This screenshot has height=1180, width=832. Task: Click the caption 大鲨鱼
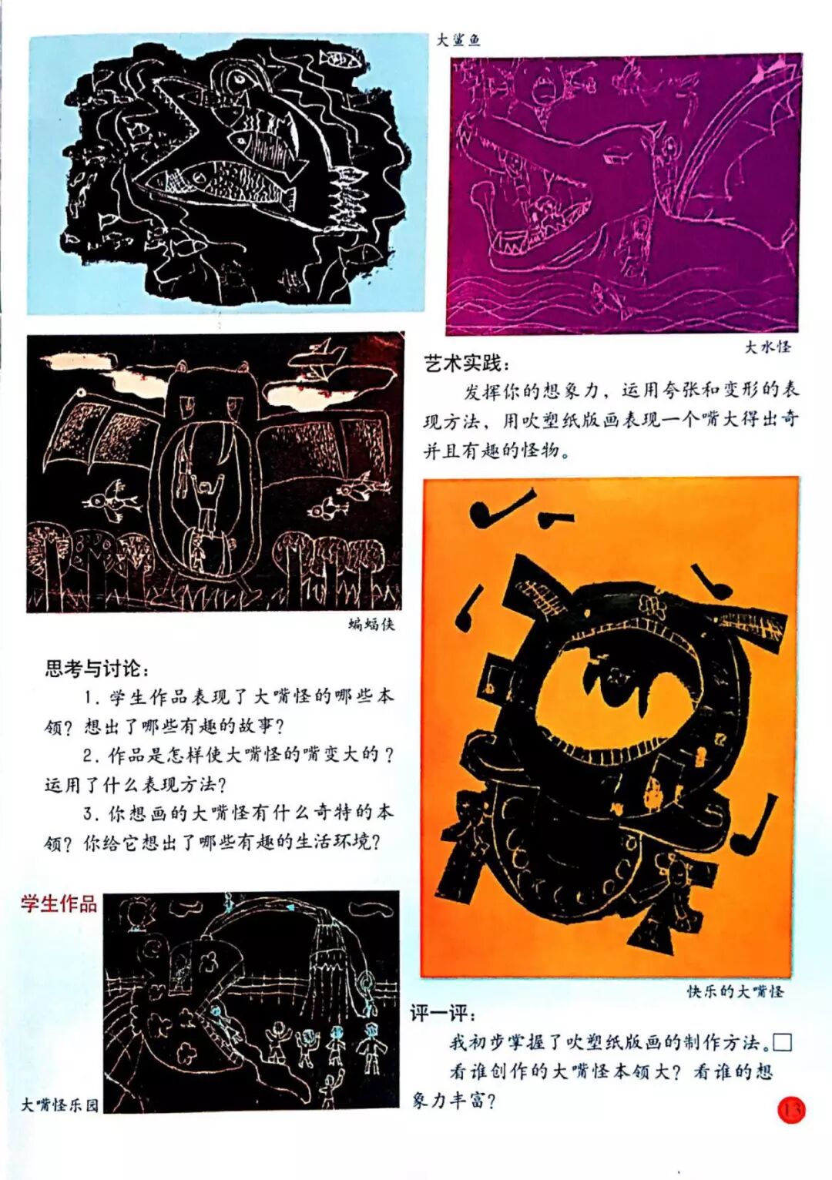(458, 40)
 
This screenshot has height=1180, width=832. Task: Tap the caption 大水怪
(767, 347)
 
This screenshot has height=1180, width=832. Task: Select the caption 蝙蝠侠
(371, 625)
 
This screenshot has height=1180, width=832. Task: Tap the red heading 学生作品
(59, 903)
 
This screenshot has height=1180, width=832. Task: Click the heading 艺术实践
(467, 364)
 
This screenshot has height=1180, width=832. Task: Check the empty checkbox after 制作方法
(783, 1042)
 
